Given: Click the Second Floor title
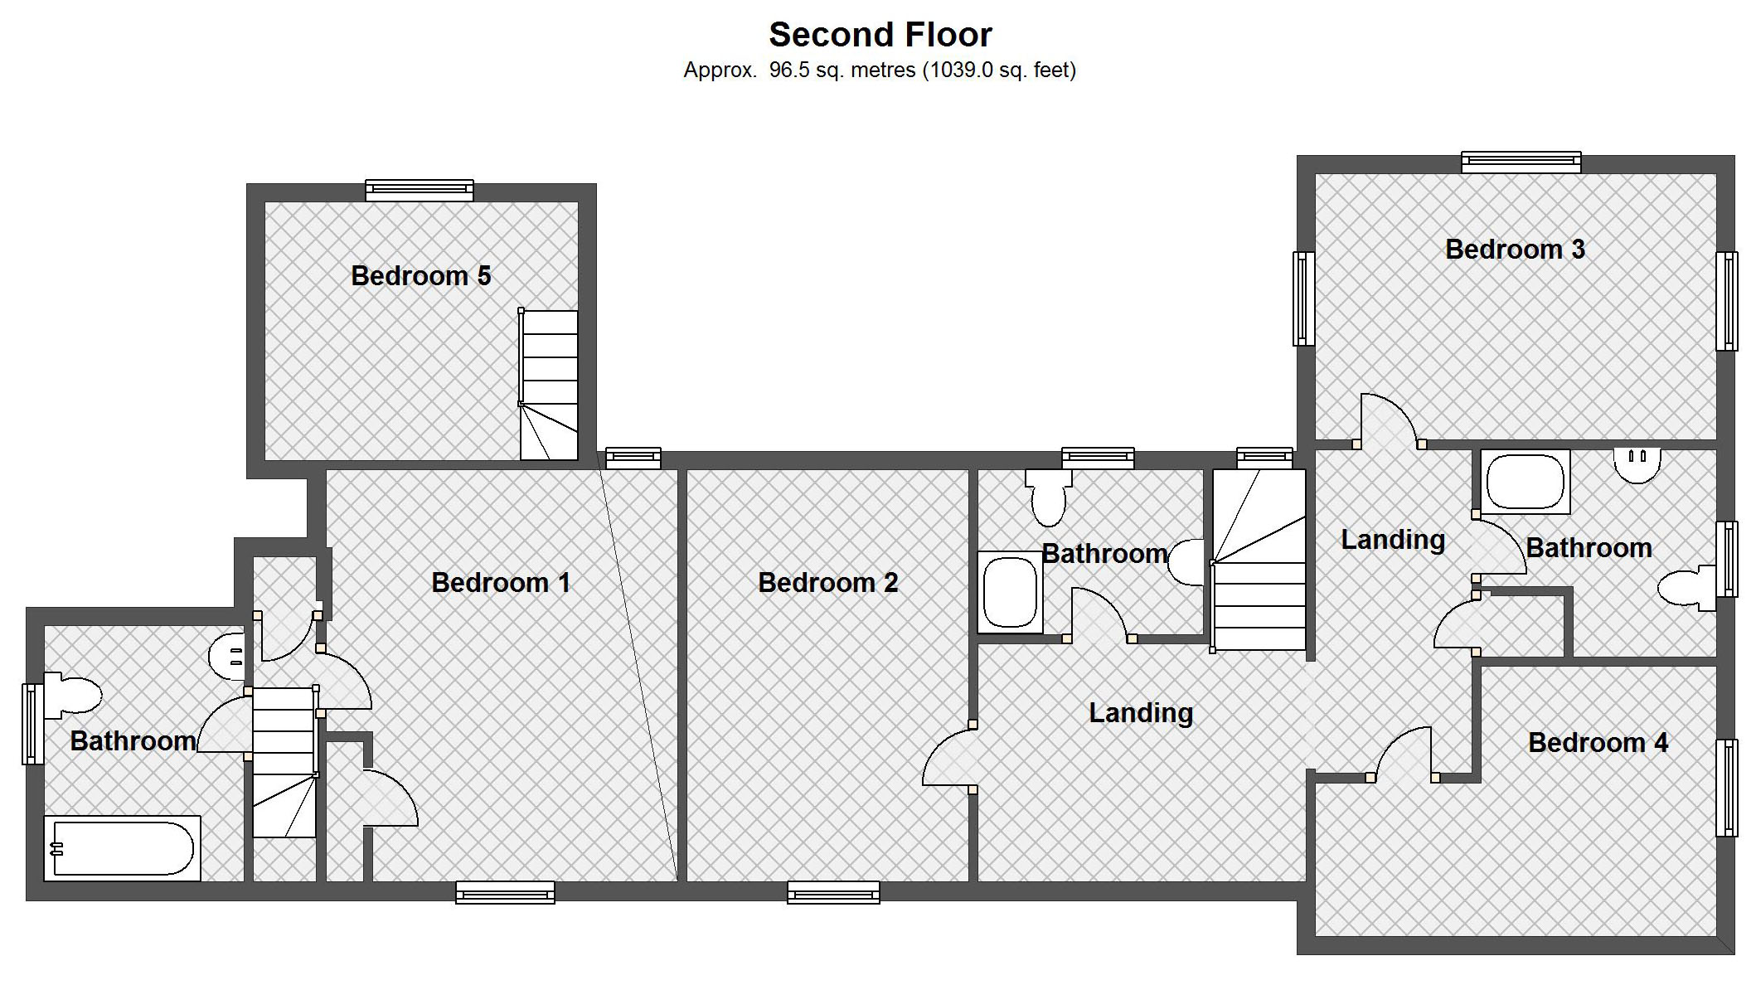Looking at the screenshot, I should click(880, 35).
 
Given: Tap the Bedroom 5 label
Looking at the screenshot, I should click(420, 275).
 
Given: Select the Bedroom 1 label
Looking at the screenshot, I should click(501, 583).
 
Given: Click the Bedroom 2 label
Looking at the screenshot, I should click(827, 583).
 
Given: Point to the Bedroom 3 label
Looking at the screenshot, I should click(1515, 250).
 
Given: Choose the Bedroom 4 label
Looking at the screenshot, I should click(1598, 743).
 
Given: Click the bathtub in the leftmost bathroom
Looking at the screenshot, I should click(123, 848).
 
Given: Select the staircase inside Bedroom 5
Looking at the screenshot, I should click(549, 385).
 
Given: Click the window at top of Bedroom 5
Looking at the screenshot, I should click(420, 190).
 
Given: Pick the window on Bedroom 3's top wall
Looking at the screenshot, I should click(1521, 162).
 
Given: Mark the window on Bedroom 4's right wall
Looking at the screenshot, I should click(1727, 788).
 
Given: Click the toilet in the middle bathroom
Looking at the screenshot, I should click(1048, 497).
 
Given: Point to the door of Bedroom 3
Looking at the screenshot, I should click(1389, 423).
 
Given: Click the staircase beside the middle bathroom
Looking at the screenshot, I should click(1259, 560).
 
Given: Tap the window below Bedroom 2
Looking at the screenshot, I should click(833, 892).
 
